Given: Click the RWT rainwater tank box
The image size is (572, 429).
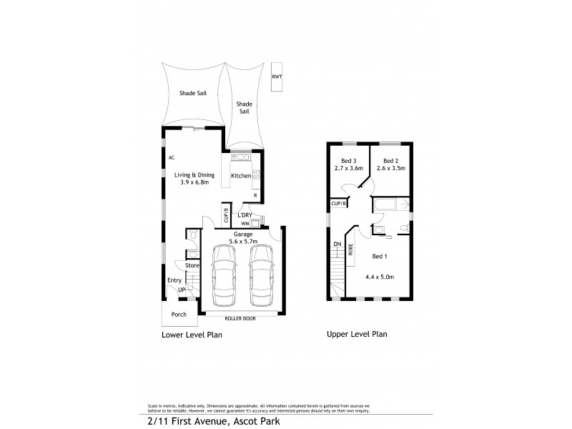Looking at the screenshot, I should pos(277,77).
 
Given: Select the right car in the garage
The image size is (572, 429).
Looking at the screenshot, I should pos(261,275).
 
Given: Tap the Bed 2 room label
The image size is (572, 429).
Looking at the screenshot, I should pos(390,161).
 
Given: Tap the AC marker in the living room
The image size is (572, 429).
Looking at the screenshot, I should pos(172,157).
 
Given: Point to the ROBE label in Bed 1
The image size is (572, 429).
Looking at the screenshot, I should pos(351,250).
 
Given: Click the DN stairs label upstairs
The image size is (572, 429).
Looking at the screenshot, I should pos(336,244).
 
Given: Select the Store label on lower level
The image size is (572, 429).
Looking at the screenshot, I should pos(192,265).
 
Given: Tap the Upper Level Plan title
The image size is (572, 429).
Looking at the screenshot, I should pos(357,334).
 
